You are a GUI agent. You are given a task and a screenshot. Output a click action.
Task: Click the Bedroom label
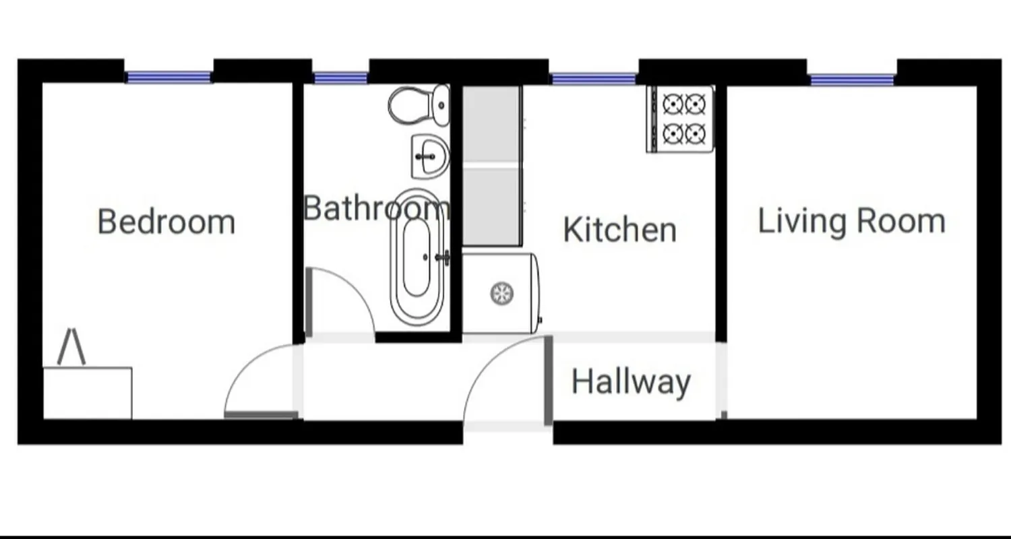click(x=166, y=222)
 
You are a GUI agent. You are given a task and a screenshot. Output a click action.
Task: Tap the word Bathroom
click(x=375, y=208)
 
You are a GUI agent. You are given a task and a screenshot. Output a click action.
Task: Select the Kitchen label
click(x=619, y=230)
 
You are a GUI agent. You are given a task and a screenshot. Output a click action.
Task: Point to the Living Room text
click(x=851, y=222)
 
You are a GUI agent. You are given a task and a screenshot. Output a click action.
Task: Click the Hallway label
click(x=631, y=382)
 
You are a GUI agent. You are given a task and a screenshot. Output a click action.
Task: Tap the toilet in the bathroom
click(x=420, y=105)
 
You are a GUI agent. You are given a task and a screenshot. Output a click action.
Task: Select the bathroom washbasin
click(x=429, y=156)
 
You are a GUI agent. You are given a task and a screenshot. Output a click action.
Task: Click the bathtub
click(x=417, y=259)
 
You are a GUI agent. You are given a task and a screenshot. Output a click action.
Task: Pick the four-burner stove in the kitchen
click(x=680, y=119)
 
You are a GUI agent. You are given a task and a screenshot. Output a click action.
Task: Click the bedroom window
click(x=168, y=77)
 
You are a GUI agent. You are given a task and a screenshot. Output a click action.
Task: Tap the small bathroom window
click(x=340, y=78)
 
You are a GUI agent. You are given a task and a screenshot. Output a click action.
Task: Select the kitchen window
click(x=593, y=79)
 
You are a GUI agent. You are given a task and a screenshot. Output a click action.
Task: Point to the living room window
click(x=852, y=80)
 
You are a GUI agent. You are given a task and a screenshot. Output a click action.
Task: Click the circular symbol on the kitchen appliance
click(x=501, y=293)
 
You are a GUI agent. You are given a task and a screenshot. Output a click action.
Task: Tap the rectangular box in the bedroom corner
click(x=88, y=393)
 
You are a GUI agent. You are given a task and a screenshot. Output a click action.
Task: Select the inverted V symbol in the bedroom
click(x=71, y=346)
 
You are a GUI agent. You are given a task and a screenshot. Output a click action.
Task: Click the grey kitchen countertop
click(x=491, y=166)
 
